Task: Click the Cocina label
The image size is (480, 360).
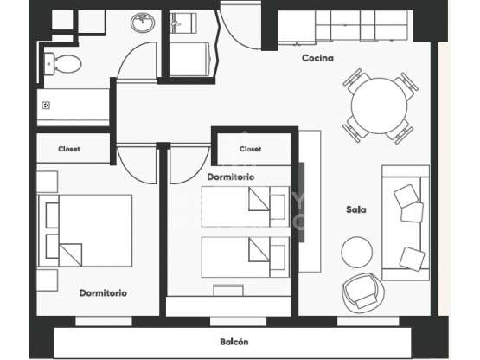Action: coord(317,58)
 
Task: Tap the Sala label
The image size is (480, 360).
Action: coord(356,209)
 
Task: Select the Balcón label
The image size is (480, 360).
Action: coord(234,342)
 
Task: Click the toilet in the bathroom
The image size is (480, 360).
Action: coord(62,64)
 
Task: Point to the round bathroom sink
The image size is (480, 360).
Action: coord(143,22)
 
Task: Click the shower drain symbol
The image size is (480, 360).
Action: coord(46,106)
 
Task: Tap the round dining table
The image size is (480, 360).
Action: coord(379,106)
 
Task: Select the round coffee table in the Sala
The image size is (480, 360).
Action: coord(357,252)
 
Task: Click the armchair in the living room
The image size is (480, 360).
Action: coord(362,292)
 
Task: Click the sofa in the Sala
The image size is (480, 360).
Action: coord(406,222)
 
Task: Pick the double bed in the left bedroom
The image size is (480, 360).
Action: coord(85,230)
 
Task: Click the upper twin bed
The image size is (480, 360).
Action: coord(246,207)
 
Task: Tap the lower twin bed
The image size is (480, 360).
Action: coord(246,257)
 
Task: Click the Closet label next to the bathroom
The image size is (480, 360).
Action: coord(69,149)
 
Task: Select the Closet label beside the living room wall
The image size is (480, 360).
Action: coord(251,149)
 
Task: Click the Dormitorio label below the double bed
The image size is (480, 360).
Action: coord(103,292)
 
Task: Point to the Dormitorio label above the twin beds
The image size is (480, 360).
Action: coord(231,177)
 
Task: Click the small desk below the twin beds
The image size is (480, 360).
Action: coord(228,290)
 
